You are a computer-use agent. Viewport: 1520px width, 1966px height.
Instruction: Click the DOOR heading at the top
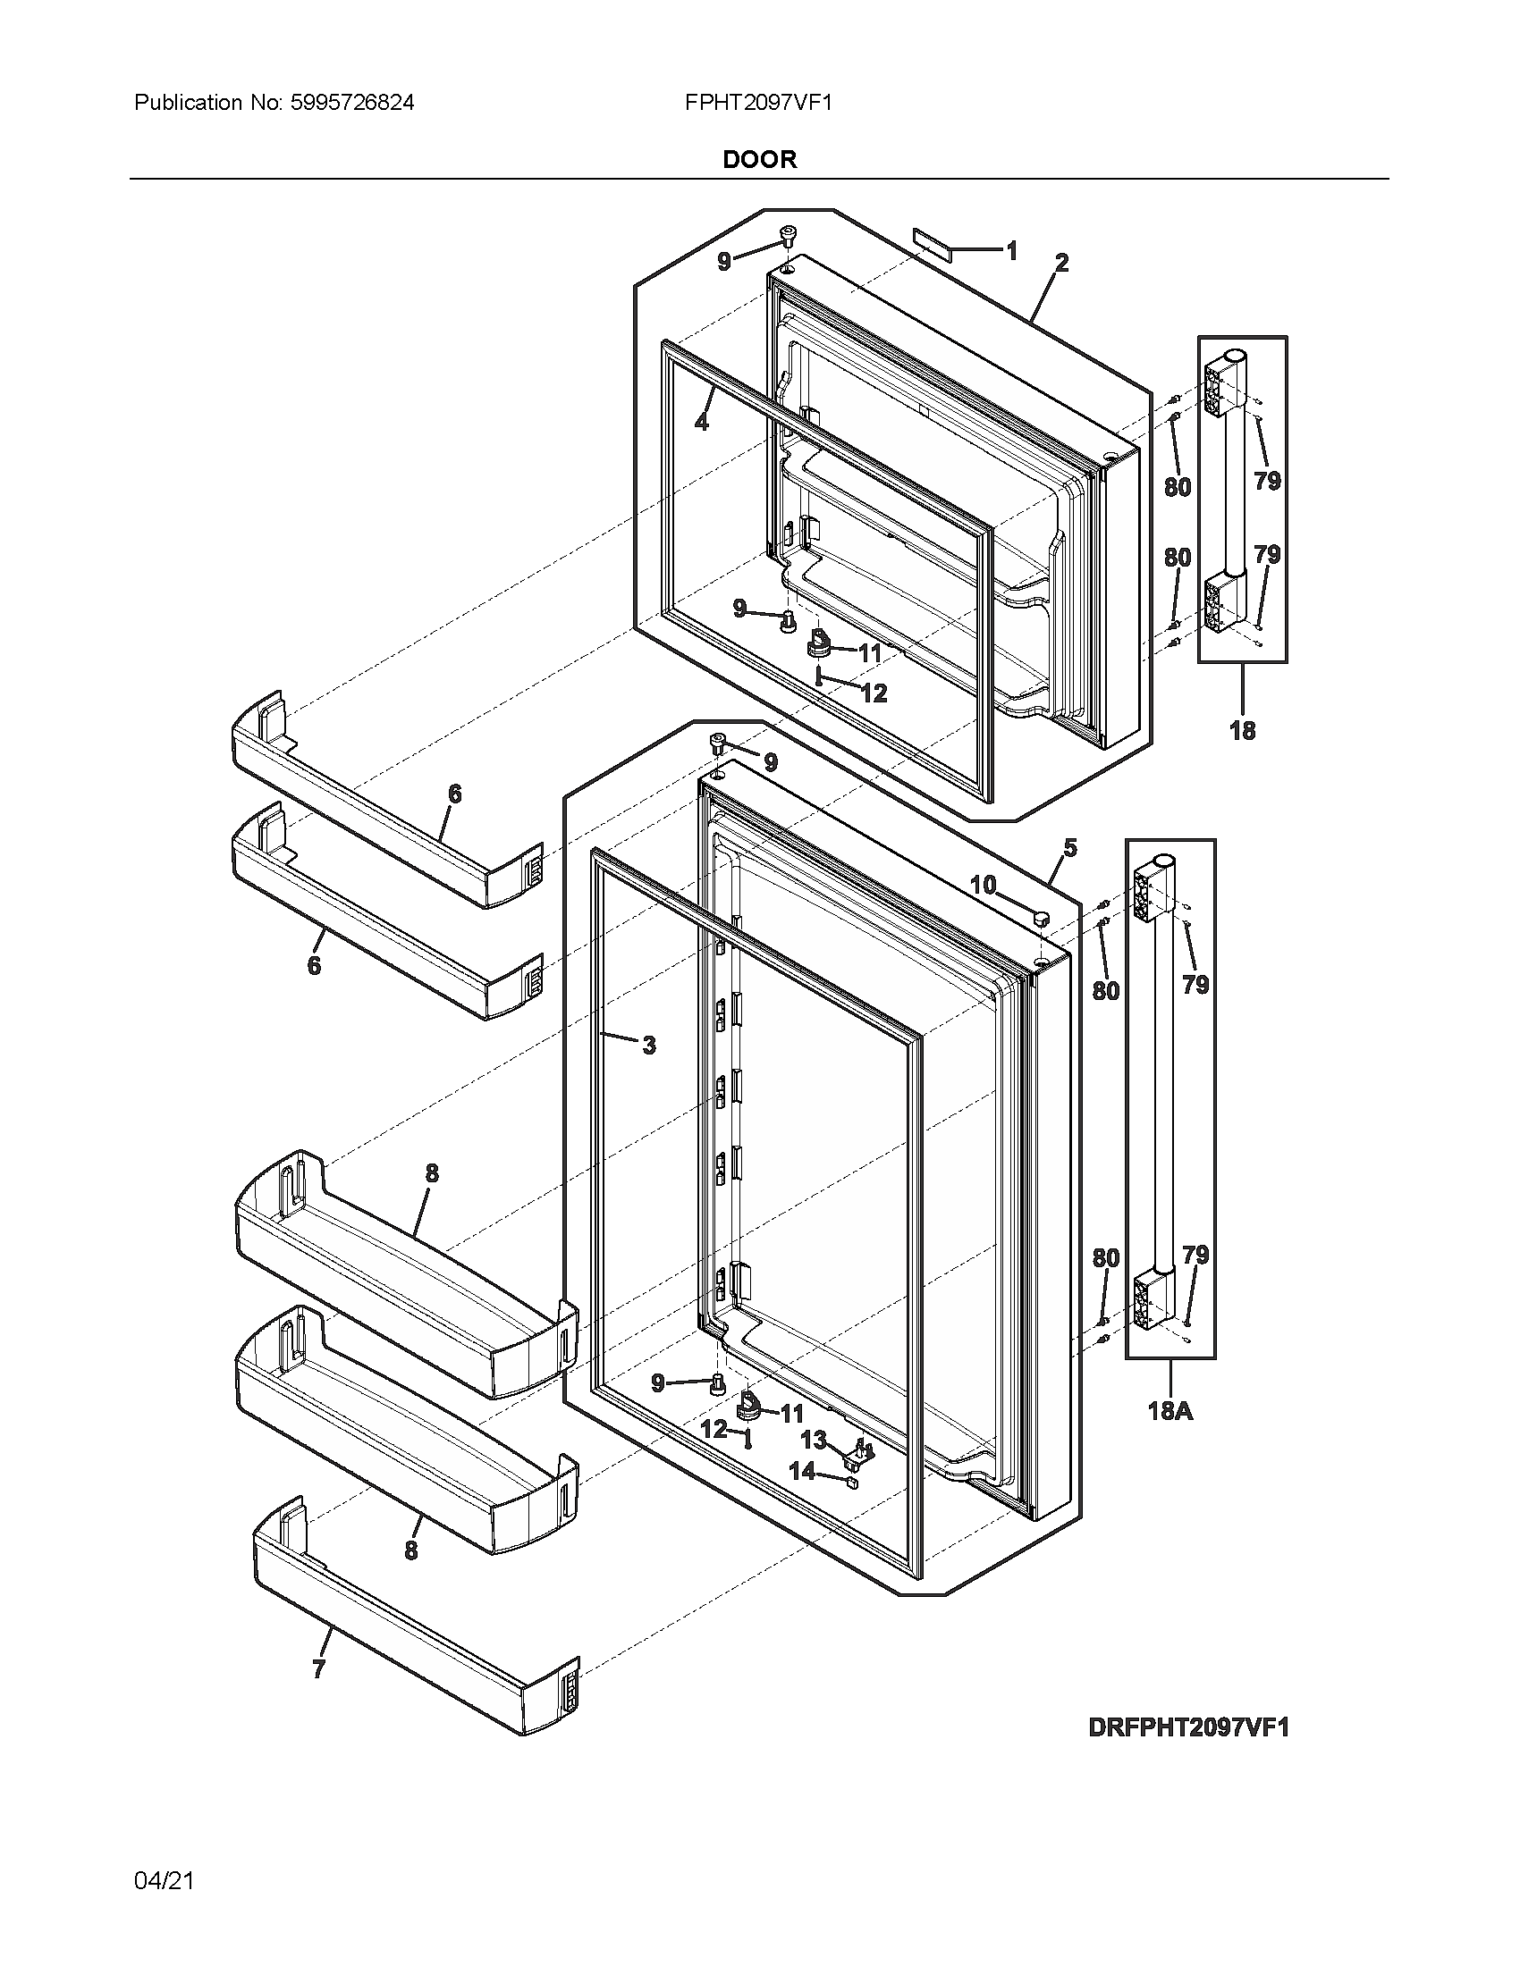(759, 159)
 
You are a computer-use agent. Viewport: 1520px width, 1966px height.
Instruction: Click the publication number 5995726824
(352, 103)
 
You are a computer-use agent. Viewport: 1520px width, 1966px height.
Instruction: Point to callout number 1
(1011, 250)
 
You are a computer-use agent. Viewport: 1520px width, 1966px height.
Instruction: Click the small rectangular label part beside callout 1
(927, 238)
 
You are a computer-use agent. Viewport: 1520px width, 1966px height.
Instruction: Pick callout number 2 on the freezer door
(1061, 263)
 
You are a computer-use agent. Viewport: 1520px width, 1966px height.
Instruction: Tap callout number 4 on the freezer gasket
(702, 420)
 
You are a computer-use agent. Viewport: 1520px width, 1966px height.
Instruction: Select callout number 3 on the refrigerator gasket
(648, 1046)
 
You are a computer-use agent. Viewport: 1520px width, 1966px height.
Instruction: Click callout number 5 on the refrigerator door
(1069, 847)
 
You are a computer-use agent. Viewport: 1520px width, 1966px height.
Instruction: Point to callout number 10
(984, 885)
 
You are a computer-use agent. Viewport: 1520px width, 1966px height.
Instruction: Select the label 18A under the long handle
(1170, 1409)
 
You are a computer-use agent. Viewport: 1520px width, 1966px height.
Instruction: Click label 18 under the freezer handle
(1242, 730)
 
